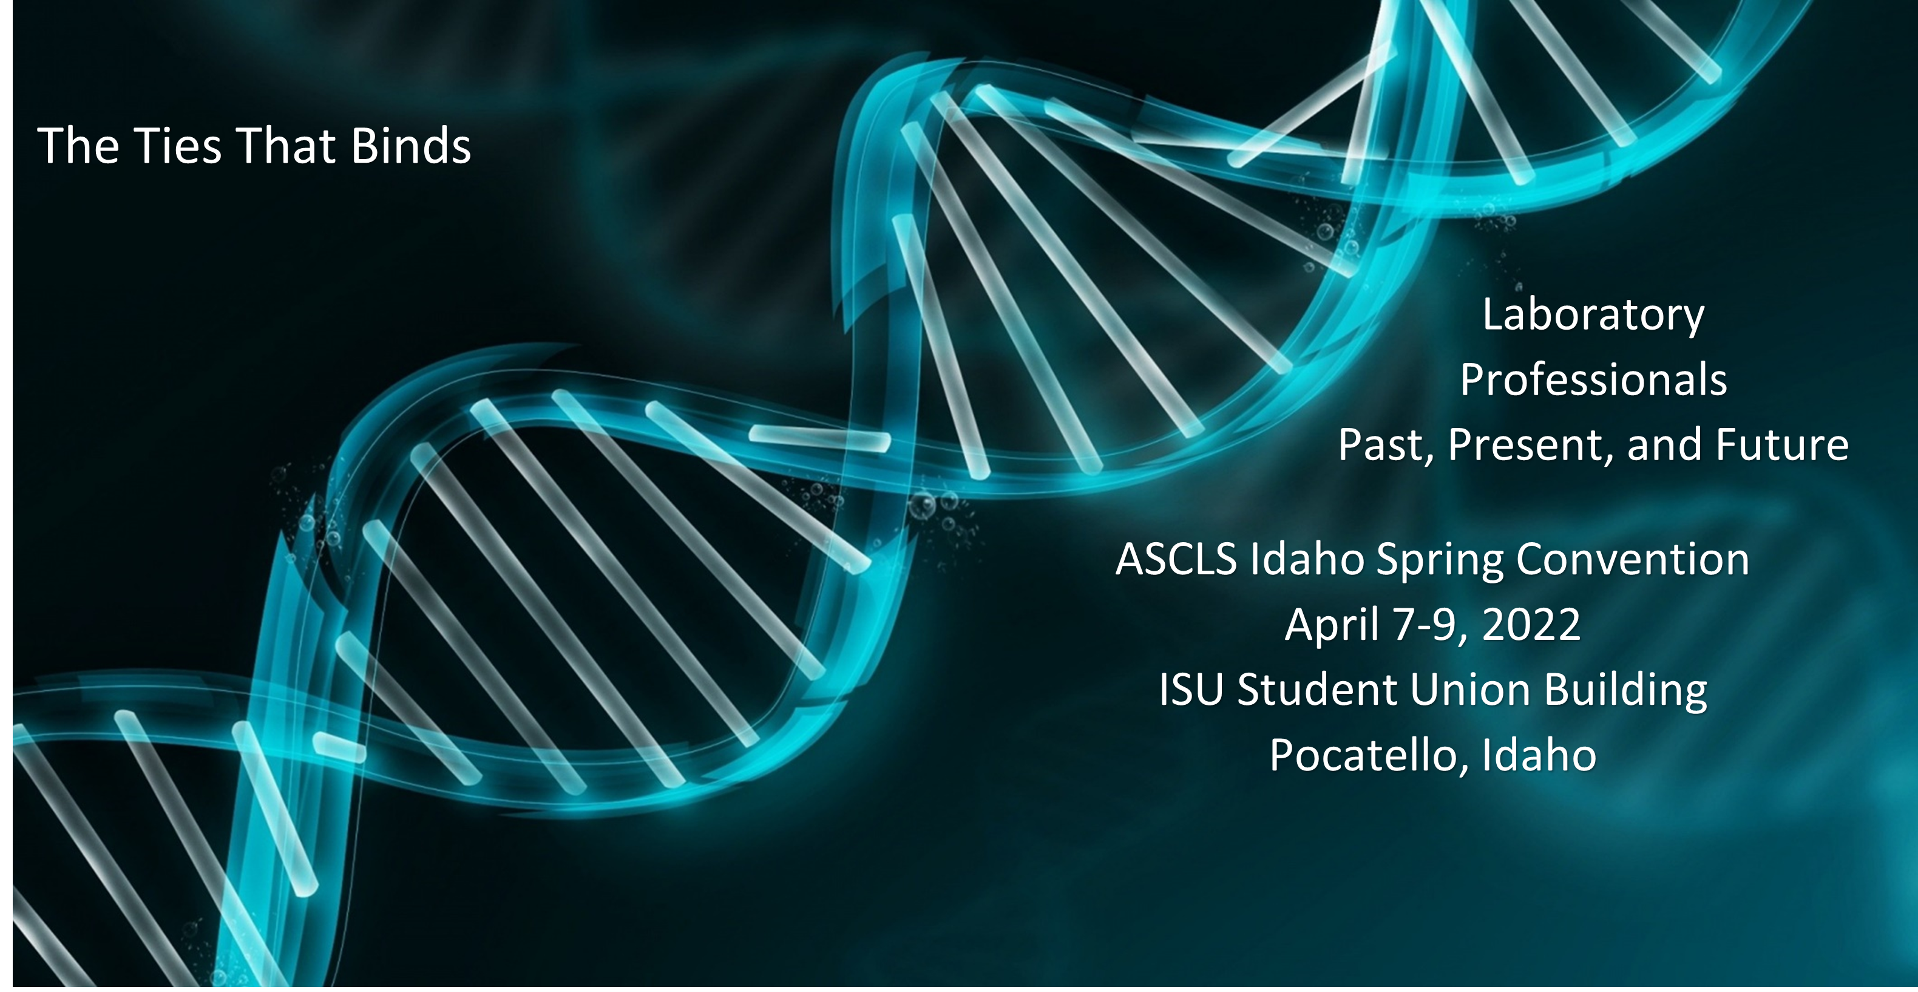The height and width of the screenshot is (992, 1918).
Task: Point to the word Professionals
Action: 1593,380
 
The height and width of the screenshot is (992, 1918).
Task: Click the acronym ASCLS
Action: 1176,559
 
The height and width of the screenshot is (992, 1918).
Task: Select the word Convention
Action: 1632,559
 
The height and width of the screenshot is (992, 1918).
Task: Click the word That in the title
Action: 285,145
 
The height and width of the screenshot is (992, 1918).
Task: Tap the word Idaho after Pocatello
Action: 1539,755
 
